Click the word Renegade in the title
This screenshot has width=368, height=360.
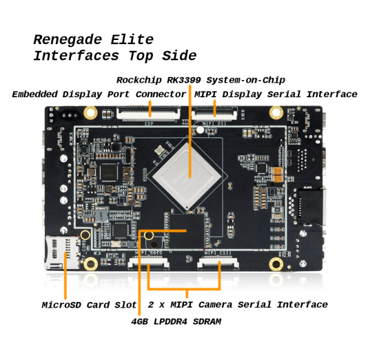68,40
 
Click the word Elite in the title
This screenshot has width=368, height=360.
132,39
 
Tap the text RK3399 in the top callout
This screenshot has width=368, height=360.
184,80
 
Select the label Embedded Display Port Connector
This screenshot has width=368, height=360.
99,94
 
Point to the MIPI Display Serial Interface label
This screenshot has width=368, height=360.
276,94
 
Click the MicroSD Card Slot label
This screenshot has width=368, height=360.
89,305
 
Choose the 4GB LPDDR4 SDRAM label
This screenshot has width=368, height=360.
176,321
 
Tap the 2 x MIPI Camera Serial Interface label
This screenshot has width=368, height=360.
238,305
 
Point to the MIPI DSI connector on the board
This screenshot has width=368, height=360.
214,114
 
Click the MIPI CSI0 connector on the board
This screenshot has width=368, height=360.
149,262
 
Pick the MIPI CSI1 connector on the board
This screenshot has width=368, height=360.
218,263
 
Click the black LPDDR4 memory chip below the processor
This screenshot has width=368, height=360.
187,231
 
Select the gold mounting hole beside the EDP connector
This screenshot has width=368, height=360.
91,112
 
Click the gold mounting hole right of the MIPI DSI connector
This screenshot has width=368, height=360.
276,112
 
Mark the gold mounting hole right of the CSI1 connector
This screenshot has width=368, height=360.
276,264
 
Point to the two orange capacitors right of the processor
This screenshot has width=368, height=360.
278,175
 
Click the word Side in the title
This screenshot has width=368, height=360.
179,56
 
